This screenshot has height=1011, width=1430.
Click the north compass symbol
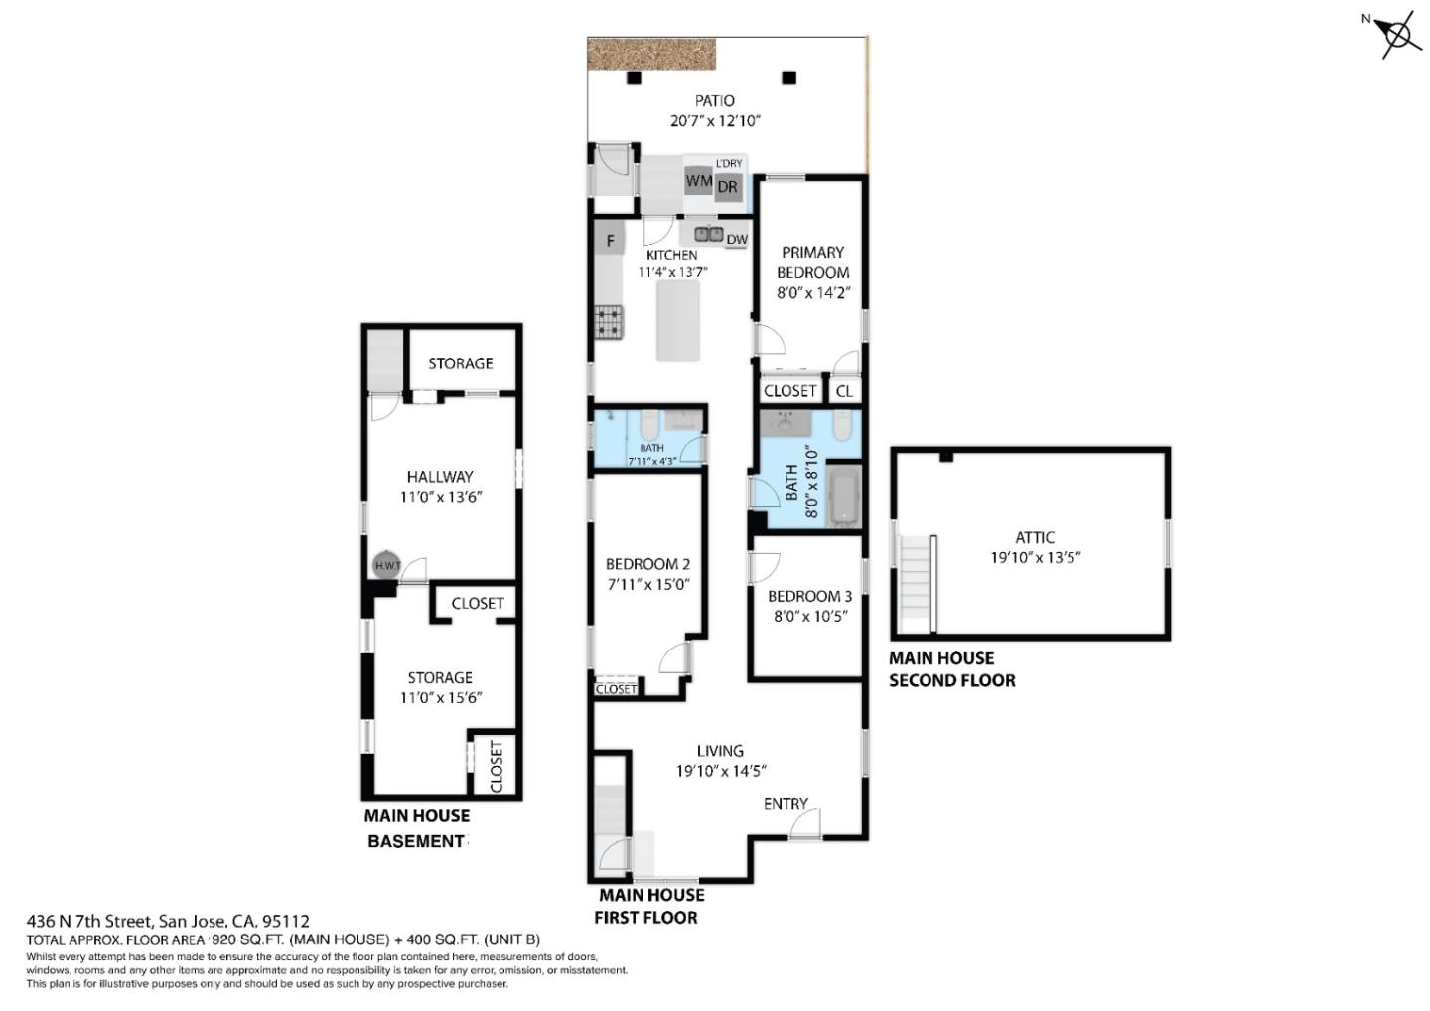[1398, 35]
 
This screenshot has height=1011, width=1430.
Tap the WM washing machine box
[699, 181]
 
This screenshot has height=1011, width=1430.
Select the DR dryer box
[728, 187]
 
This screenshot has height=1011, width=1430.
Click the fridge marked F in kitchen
[611, 240]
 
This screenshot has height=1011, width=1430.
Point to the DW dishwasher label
[737, 240]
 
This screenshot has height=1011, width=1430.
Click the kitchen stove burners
[609, 321]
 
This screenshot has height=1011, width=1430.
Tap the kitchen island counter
[678, 321]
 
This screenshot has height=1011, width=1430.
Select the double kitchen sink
[708, 235]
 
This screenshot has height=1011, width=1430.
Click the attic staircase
[917, 583]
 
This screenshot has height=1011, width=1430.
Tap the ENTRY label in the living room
[786, 804]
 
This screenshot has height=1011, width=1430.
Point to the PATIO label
[715, 101]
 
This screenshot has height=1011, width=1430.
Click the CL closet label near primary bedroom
[844, 391]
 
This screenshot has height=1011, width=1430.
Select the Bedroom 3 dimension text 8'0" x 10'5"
[810, 616]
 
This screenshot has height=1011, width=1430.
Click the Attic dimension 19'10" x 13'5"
[1035, 557]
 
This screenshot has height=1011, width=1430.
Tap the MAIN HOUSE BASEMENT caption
[416, 828]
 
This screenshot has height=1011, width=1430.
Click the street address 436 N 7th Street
[168, 921]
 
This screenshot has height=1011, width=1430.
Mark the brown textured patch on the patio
[651, 54]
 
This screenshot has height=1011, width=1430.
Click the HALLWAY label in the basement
[440, 477]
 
